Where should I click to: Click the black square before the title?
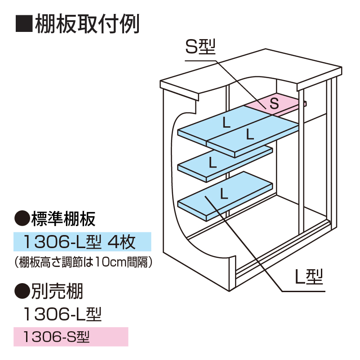23,24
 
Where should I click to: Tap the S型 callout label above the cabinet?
201,46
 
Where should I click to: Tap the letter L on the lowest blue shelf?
222,194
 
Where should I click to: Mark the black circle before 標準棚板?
22,219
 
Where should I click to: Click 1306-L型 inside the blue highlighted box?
64,242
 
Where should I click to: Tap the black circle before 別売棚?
22,293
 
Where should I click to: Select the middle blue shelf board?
225,164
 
